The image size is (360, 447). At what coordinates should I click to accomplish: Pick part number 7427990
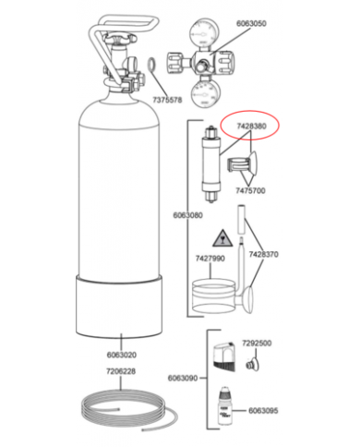pyautogui.click(x=210, y=260)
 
